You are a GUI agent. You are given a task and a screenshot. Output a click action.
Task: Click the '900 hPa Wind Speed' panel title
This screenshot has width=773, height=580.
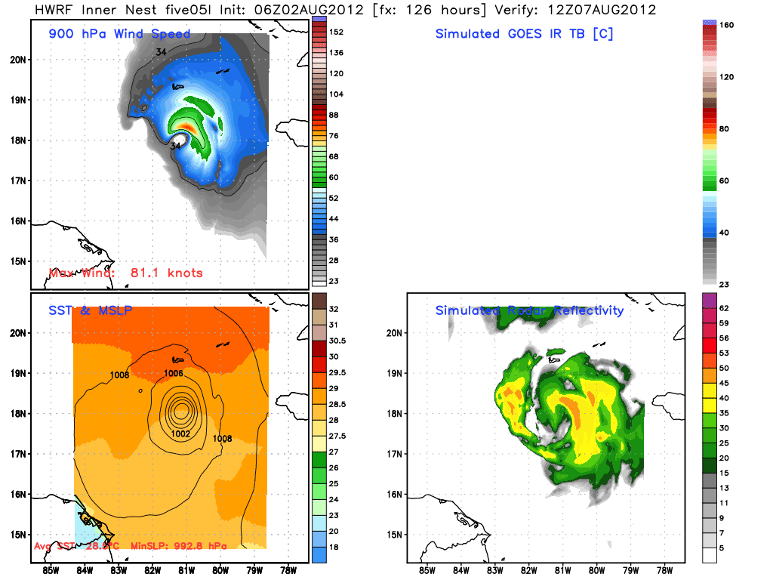[119, 34]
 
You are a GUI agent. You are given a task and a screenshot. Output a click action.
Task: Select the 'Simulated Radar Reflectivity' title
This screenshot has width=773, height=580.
[529, 310]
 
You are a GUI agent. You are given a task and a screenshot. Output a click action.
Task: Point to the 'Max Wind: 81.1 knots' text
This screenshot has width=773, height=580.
[125, 273]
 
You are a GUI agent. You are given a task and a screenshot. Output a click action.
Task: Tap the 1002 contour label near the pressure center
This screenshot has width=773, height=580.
[180, 433]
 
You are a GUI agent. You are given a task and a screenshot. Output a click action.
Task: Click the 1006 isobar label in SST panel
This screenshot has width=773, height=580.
[174, 373]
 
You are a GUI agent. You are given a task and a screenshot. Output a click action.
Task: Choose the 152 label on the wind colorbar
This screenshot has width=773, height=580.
[336, 32]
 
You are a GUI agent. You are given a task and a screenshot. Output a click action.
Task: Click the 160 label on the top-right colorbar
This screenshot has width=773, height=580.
[726, 25]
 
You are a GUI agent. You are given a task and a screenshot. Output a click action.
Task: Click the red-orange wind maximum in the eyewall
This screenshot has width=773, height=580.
[188, 129]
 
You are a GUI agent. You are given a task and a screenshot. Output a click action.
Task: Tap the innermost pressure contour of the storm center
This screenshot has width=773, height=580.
[181, 411]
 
